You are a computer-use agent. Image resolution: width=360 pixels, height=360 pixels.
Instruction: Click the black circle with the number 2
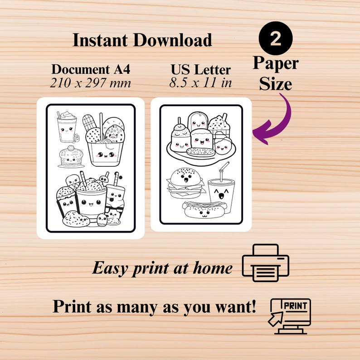[x=276, y=38]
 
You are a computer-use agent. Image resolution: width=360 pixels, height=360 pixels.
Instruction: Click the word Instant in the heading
[x=101, y=40]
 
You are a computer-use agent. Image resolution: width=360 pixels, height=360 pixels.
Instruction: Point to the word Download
[x=172, y=40]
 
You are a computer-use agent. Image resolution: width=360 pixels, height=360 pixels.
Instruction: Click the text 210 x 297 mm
[x=91, y=83]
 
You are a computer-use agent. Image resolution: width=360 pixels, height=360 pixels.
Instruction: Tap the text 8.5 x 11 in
[x=201, y=83]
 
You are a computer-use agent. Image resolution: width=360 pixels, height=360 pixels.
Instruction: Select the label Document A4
[x=90, y=69]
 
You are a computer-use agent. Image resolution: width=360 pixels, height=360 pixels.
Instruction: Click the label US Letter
[x=200, y=70]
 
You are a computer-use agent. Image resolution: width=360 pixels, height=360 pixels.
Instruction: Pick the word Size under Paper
[x=275, y=84]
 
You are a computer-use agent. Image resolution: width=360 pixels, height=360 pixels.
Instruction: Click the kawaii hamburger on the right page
[x=185, y=182]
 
